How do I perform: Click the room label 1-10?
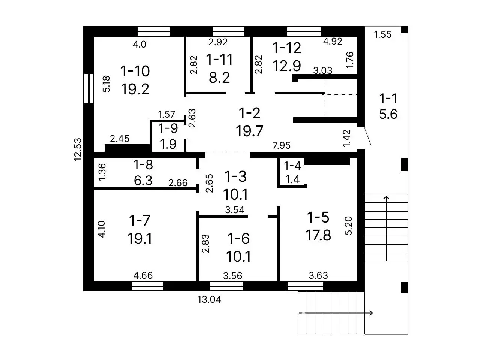135,71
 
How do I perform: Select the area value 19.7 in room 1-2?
249,131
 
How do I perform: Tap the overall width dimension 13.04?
209,299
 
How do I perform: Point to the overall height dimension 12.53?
78,149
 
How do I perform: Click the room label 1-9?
168,128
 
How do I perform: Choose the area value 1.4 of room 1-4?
292,179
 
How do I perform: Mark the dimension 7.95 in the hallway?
282,145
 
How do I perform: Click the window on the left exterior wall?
89,88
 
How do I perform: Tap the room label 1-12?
287,48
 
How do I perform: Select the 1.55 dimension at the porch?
382,35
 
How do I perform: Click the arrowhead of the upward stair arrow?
386,198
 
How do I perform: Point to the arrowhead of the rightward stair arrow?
371,313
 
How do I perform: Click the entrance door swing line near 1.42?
368,137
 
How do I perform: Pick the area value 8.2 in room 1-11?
219,78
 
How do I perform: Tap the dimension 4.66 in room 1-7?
143,275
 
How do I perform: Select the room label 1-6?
238,239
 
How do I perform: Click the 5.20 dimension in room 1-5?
349,226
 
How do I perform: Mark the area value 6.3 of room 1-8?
143,181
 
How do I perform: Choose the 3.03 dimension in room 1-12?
323,70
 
